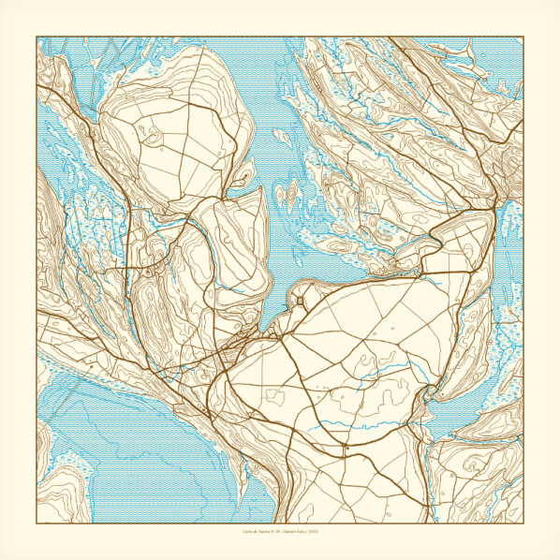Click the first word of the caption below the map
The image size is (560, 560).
pos(247,532)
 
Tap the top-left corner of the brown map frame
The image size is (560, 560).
pos(37,37)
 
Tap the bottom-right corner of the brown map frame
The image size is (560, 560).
pos(523,523)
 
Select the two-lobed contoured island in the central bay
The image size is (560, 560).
pos(287,195)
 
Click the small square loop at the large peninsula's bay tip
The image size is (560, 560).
pos(300,300)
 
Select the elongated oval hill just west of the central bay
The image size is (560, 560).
pos(234,248)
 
